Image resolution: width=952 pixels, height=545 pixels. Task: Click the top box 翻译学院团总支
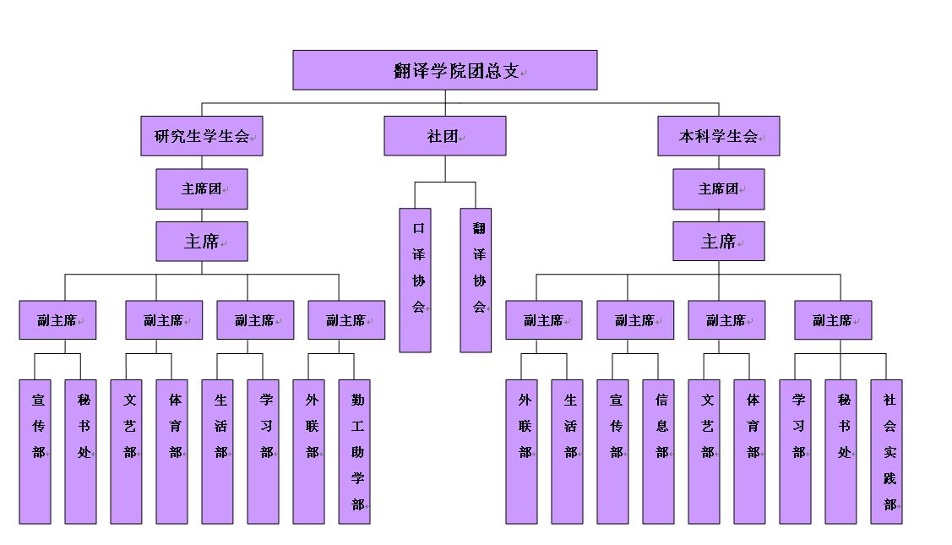coord(445,70)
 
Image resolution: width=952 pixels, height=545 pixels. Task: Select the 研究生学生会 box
coord(202,136)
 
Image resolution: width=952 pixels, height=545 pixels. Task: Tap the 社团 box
coord(445,136)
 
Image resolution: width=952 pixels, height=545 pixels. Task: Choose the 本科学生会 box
coord(719,136)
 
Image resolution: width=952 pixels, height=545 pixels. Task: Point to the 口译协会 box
coord(416,281)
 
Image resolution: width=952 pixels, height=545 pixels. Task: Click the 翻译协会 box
coord(476,281)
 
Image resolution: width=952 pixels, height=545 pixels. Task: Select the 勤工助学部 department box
coord(355,451)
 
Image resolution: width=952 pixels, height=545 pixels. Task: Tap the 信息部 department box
coord(659,451)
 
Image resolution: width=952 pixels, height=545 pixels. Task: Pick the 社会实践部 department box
coord(887,451)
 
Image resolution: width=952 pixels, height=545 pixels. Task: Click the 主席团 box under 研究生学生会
coord(202,189)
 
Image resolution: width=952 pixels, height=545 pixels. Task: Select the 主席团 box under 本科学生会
coord(719,189)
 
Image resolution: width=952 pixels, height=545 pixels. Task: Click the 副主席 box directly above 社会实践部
coord(833,320)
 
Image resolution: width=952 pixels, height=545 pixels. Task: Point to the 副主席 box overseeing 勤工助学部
coord(346,320)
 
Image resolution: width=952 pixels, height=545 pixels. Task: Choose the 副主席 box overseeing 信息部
coord(635,320)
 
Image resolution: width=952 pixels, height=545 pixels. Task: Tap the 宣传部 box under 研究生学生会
coord(35,451)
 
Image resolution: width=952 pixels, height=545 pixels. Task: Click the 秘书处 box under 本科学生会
coord(841,451)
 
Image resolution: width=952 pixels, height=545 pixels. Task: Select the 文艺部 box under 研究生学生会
coord(127,451)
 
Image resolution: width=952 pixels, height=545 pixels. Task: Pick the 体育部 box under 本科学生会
coord(750,451)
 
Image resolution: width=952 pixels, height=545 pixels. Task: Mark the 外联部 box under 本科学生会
coord(522,451)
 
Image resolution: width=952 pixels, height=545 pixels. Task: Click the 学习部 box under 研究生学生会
coord(264,451)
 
